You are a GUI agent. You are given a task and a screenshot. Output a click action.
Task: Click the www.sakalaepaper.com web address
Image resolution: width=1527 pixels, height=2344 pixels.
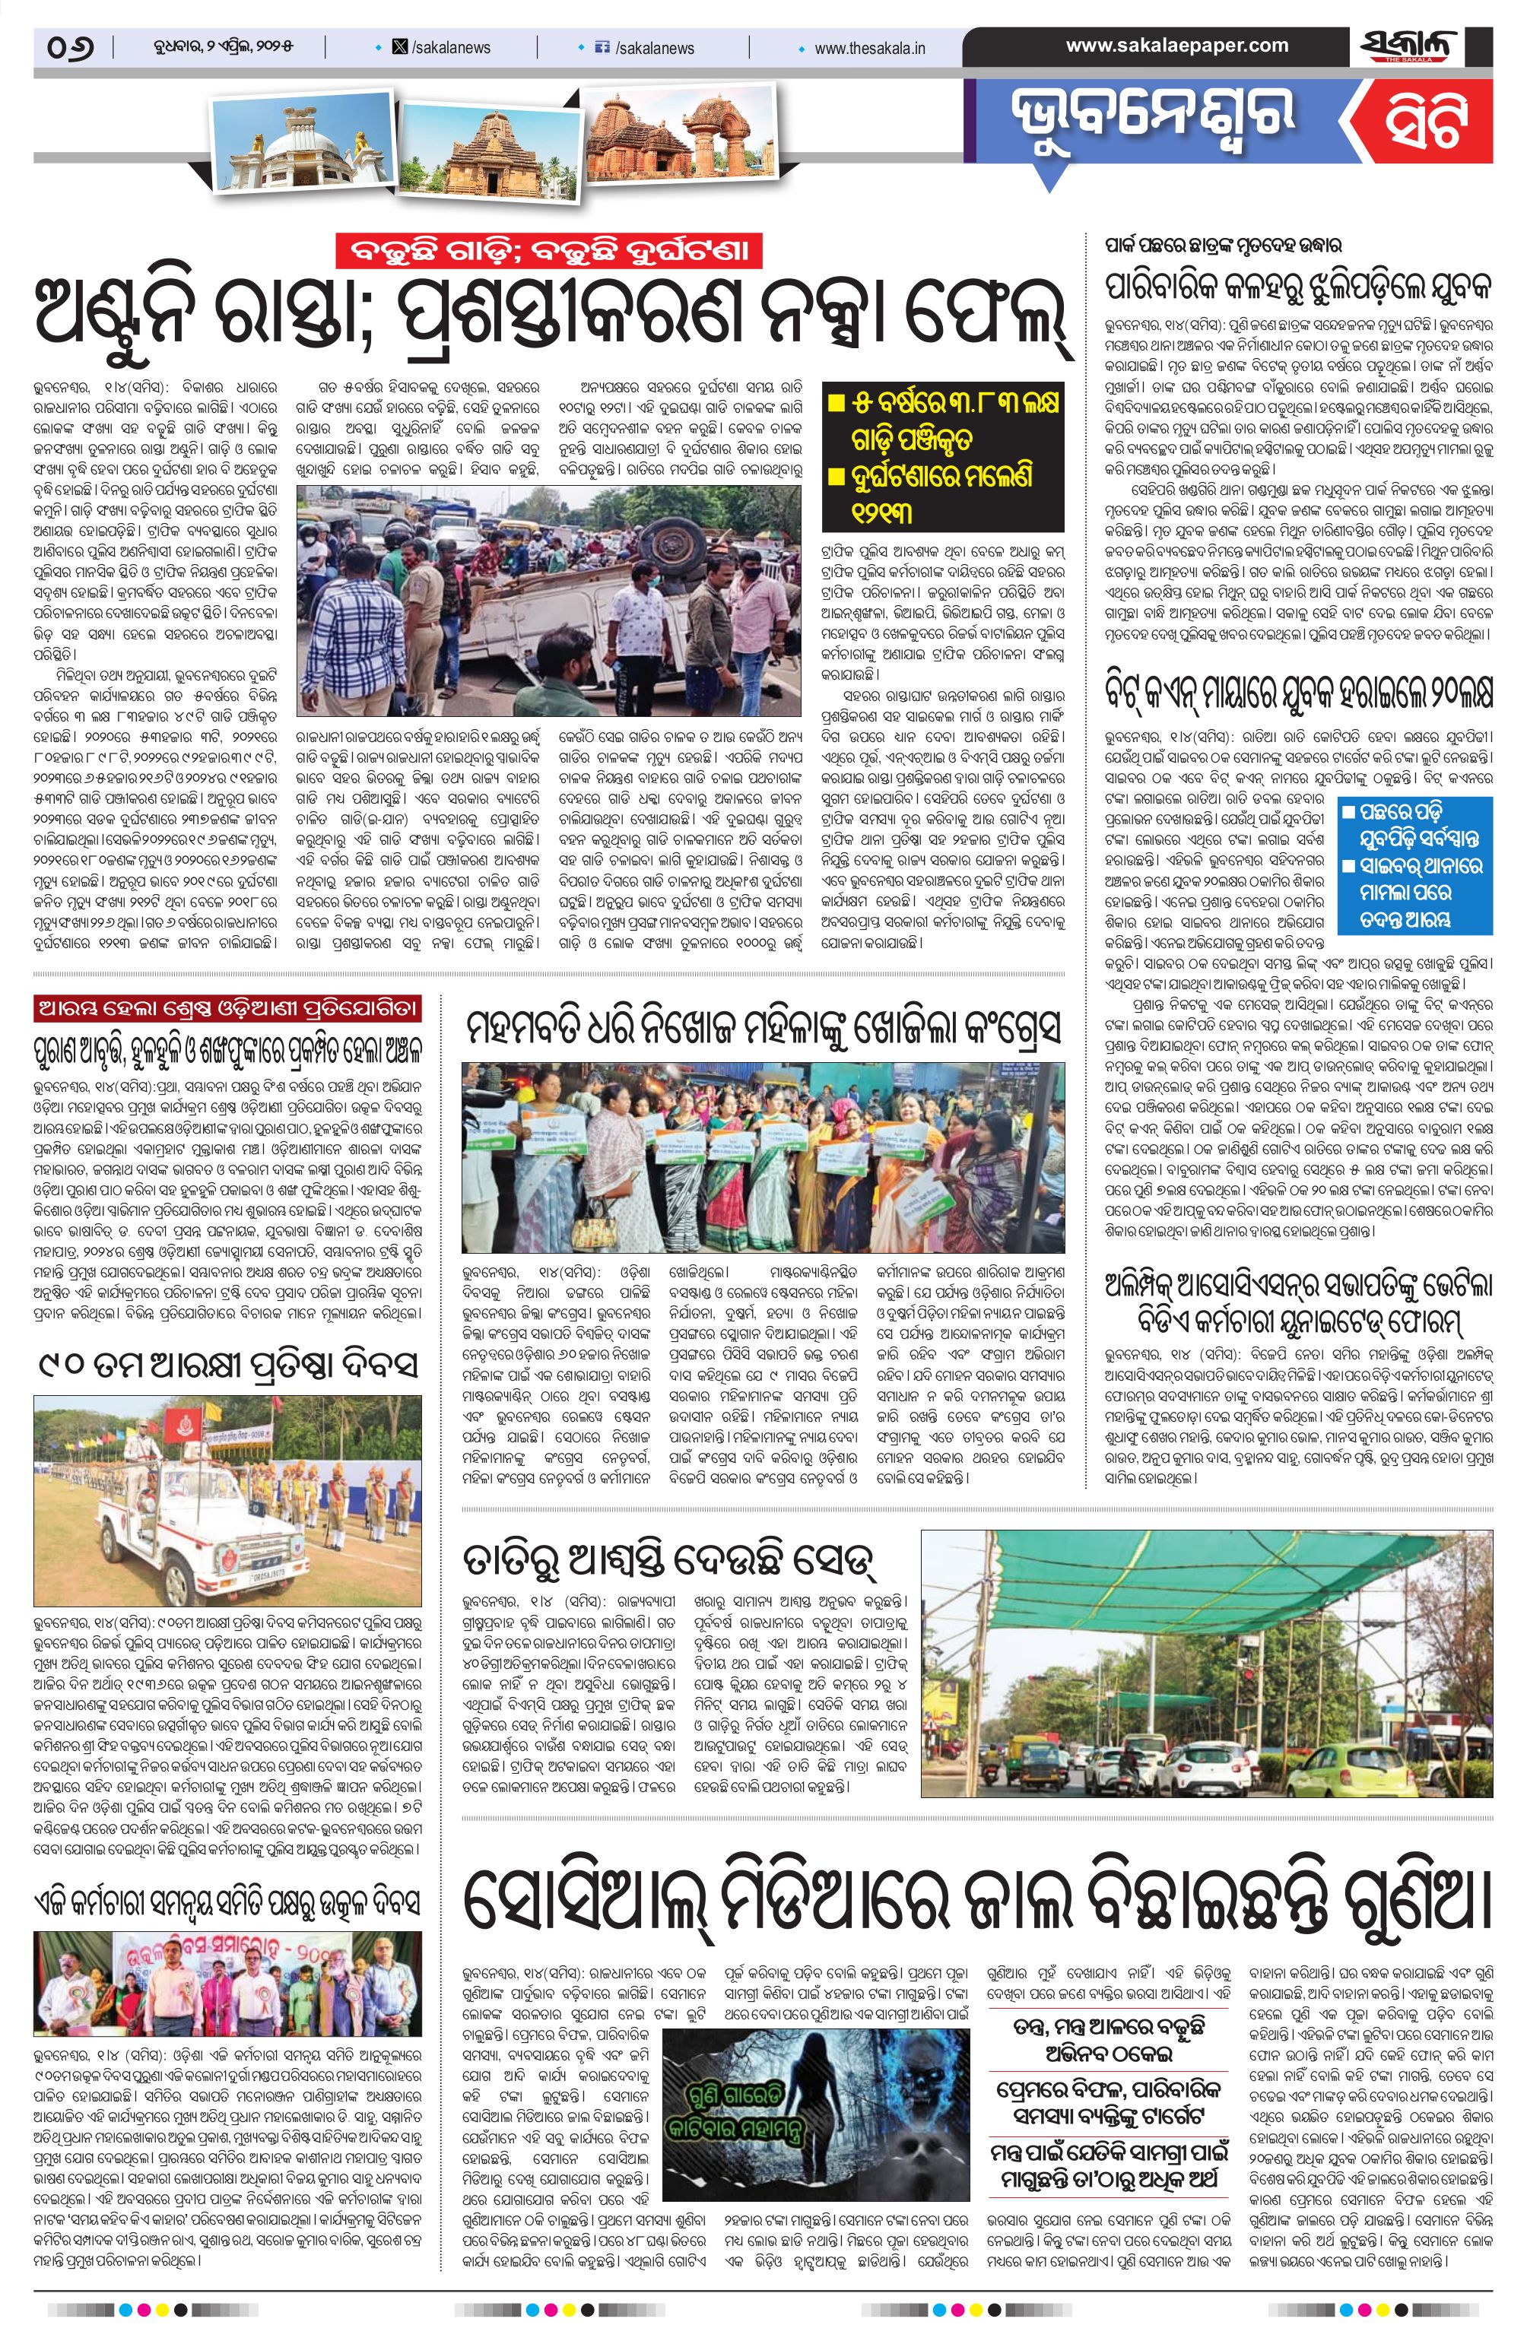1176,46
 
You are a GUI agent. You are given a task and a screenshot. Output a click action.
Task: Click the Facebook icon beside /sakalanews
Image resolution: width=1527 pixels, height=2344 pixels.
603,47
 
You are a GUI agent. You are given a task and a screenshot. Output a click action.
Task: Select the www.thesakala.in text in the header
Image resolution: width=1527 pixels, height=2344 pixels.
869,47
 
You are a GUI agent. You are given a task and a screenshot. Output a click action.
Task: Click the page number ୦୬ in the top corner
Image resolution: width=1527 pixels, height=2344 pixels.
70,47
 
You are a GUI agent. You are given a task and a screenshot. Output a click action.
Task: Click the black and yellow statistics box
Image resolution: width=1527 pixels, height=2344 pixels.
943,457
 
